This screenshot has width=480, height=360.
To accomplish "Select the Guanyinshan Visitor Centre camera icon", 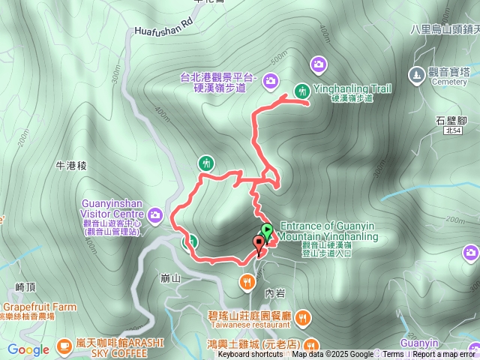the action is [x=155, y=216].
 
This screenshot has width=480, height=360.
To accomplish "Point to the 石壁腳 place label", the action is [x=451, y=120].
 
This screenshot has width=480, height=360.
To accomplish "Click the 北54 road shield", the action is [x=450, y=131].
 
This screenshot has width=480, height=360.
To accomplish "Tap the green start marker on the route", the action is [x=267, y=231].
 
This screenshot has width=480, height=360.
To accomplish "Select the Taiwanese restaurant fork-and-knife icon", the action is [x=302, y=319].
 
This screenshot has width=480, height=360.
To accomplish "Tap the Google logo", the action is [x=28, y=349].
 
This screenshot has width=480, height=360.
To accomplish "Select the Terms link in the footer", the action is [x=393, y=355].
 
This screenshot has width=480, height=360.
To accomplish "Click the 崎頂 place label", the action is [x=25, y=287].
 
